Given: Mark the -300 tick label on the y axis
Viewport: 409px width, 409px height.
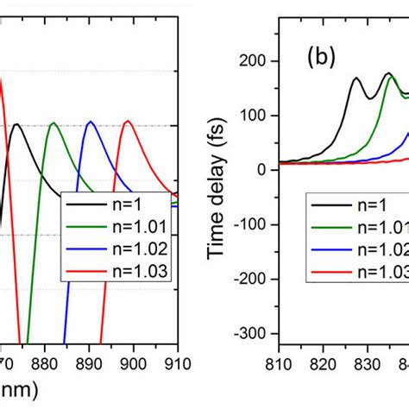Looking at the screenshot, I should click(251, 333).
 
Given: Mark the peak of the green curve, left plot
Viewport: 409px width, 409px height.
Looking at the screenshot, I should click(53, 123).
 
